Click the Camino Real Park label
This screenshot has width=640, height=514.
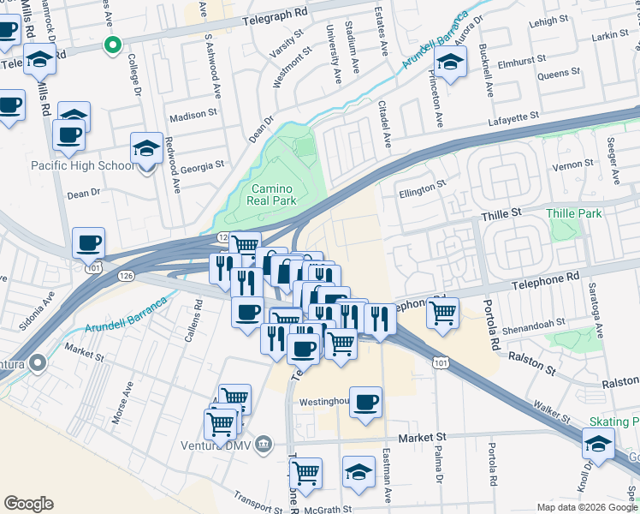pos(272,194)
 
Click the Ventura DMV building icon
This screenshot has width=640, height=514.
pos(264,444)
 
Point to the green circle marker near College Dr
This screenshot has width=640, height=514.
pos(110,45)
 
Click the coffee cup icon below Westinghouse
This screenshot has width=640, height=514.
pos(365,403)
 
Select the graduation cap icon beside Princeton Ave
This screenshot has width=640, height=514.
pos(449,62)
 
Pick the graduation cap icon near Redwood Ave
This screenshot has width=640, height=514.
pos(146,148)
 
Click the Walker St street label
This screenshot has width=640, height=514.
pos(548,409)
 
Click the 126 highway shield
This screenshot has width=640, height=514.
pos(127,275)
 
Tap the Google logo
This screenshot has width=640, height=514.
pos(29,503)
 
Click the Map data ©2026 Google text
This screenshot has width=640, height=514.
pos(586,507)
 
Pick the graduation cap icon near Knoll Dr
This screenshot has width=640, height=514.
pos(597,443)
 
